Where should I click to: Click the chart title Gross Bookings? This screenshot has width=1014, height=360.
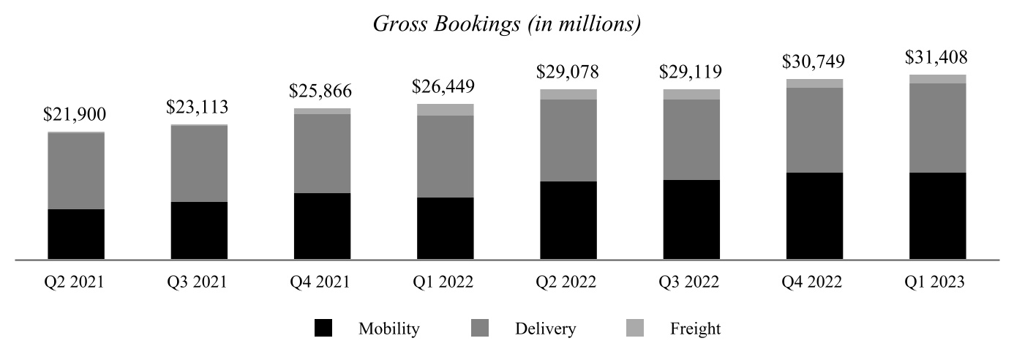[x=507, y=24]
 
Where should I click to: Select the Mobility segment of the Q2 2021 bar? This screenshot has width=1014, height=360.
[x=76, y=234]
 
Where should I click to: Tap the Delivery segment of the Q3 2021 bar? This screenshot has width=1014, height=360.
[x=199, y=164]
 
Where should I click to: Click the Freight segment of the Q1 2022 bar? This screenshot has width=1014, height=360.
[x=445, y=110]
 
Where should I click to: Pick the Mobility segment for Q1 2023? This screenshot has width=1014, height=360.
[x=937, y=216]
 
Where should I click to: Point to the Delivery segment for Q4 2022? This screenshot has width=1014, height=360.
[x=814, y=130]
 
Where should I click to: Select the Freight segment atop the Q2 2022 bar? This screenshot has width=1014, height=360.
[x=568, y=94]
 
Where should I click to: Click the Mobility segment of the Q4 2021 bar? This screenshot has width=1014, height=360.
[x=322, y=226]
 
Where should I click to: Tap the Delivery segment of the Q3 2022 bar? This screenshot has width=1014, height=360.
[x=691, y=140]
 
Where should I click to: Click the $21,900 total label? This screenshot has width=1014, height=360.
[x=75, y=114]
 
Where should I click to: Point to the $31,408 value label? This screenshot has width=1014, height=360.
[x=937, y=57]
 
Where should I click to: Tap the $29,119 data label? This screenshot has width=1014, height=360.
[x=691, y=72]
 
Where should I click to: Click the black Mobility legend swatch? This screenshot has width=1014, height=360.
[x=323, y=329]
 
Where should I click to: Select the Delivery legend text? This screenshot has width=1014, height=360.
[x=545, y=329]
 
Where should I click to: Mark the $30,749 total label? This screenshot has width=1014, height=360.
[x=814, y=61]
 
